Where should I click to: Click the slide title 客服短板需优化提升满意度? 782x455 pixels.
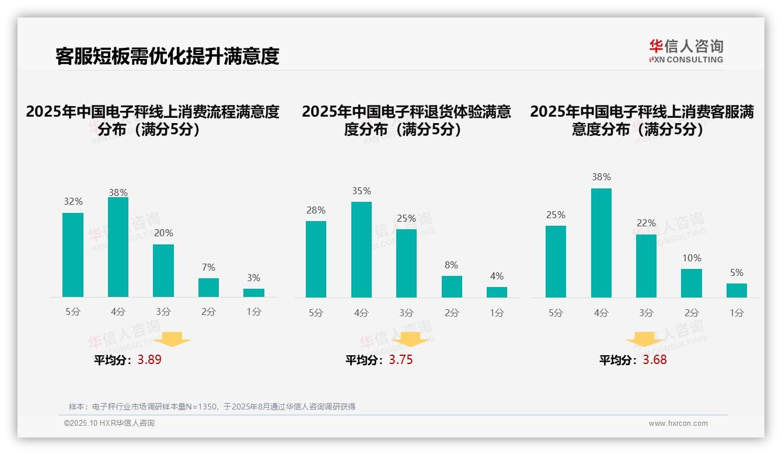pos(167,56)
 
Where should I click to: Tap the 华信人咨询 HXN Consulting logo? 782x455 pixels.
pos(686,51)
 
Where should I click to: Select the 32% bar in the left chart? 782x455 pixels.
pos(73,255)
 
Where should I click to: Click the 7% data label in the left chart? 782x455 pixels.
pos(208,267)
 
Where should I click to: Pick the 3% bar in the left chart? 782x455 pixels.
pos(254,293)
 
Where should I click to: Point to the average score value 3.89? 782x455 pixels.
pos(149,360)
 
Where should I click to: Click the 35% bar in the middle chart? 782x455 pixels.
pos(361,250)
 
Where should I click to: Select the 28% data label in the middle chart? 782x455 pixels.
pos(316,210)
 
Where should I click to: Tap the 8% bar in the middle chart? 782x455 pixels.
pos(452,286)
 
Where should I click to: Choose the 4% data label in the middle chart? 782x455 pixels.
pos(497,276)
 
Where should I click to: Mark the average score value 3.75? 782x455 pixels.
pos(401,360)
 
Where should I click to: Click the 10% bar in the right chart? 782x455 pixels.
pos(692,283)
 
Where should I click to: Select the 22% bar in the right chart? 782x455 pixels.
pos(646,265)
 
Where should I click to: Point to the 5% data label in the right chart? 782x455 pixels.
pos(736,272)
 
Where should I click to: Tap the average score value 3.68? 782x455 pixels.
pos(655,360)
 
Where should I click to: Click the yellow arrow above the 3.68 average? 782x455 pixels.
pos(644,340)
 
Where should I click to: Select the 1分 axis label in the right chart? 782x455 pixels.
pos(736,313)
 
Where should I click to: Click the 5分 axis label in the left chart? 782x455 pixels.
pos(73,311)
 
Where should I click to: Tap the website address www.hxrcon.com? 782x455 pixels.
pos(678,423)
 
